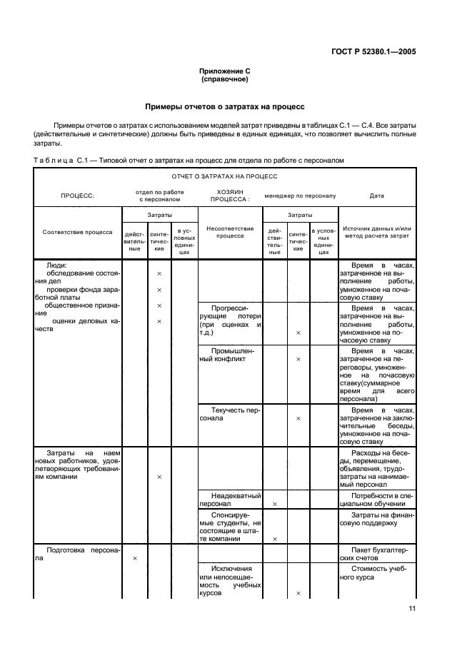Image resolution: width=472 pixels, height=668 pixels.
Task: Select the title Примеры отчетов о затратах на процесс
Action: click(225, 106)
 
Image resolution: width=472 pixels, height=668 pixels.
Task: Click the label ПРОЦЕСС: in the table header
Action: click(77, 195)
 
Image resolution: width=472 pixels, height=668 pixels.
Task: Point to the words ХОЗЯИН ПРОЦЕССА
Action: click(229, 195)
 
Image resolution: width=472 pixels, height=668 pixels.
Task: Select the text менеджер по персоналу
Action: click(300, 195)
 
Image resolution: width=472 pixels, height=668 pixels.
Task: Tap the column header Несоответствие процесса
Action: click(229, 232)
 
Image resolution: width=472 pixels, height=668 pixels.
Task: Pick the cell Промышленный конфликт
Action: click(229, 355)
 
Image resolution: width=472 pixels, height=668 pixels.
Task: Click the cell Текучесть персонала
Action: click(229, 414)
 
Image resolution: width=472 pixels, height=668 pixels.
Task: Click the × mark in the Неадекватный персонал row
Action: click(275, 504)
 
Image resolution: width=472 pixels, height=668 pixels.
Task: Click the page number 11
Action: click(412, 609)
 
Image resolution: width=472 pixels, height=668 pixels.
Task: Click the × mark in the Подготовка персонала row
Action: click(135, 558)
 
